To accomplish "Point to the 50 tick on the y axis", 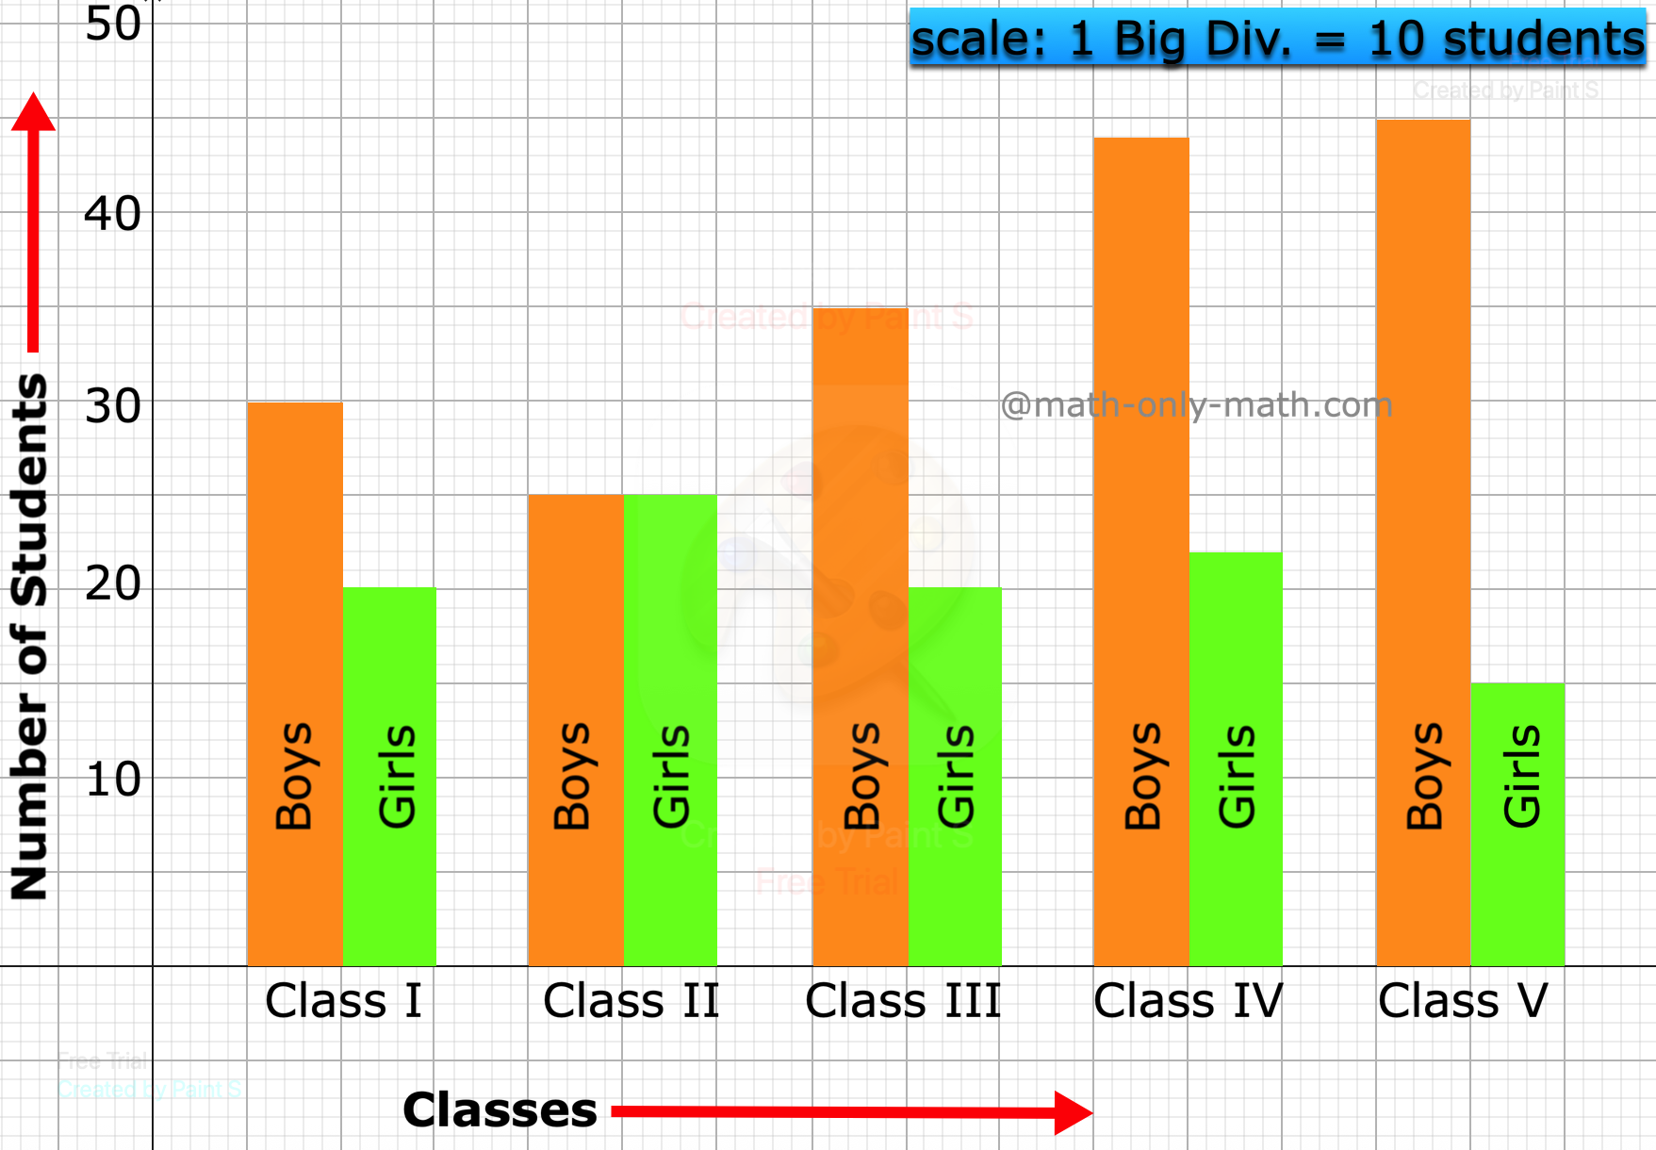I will coord(113,25).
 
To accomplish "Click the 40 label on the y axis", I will coord(113,214).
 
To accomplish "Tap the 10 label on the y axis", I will coord(113,780).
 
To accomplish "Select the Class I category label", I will coord(343,1001).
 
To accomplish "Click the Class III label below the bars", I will coord(903,1001).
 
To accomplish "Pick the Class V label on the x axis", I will coord(1463,1001).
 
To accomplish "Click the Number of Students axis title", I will coord(29,636).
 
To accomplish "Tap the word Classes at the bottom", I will coord(500,1110).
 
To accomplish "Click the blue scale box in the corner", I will coord(1277,39).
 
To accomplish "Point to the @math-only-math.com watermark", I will coord(1196,405).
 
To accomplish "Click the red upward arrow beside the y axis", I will coord(33,222).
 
